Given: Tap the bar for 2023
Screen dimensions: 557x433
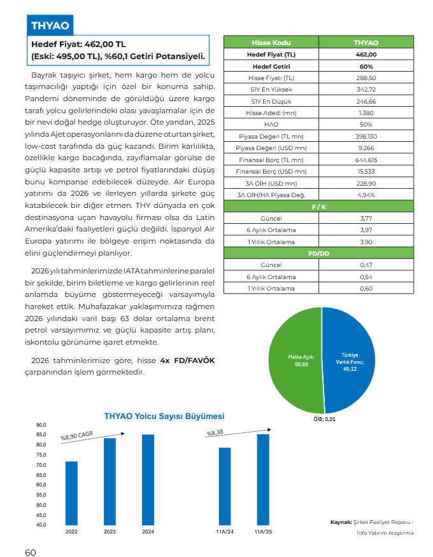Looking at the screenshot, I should click(110, 481).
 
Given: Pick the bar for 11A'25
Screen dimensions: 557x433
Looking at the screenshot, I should click(263, 479).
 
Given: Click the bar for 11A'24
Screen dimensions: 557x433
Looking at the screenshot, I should click(225, 486).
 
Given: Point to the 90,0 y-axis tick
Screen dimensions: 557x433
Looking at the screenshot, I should click(41, 425).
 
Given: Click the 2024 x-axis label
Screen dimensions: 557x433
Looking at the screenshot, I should click(148, 532).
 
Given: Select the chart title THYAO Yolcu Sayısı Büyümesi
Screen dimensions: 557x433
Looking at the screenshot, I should click(164, 416).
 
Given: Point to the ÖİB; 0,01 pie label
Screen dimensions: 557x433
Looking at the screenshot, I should click(324, 419).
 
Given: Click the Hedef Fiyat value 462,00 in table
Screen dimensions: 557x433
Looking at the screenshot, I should click(366, 55).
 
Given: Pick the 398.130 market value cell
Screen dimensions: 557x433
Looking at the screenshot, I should click(366, 136).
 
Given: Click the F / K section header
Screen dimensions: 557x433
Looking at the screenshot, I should click(318, 207).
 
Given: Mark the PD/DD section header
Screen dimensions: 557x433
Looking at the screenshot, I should click(318, 254).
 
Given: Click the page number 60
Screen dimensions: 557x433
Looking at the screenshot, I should click(31, 552).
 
